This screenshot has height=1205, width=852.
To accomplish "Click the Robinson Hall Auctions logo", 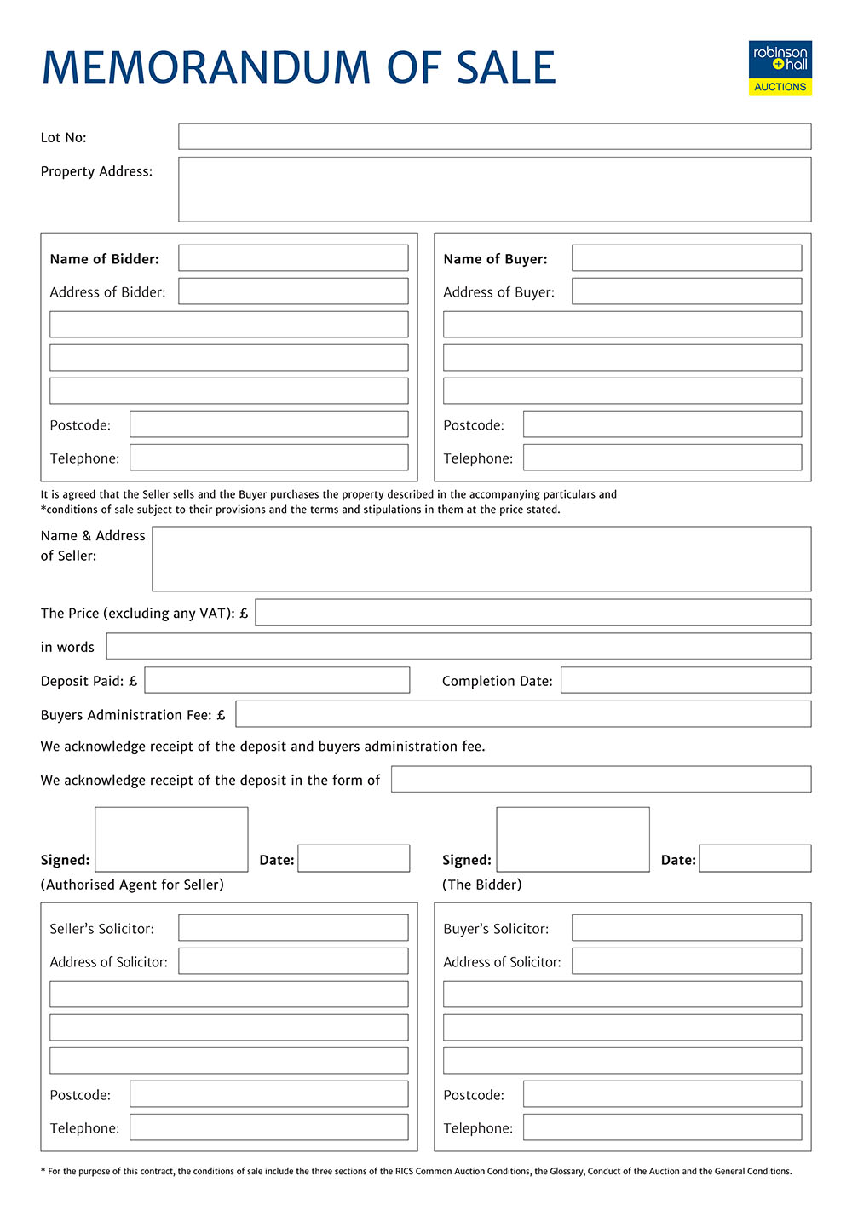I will point(780,68).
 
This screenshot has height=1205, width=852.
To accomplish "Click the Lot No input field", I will point(494,136).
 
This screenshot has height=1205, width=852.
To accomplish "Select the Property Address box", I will point(494,189).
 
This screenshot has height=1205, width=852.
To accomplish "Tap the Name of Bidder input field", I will point(293,258).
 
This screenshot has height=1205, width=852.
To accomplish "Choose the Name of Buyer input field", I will point(687,258).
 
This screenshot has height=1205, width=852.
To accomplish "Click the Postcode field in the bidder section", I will point(268,424).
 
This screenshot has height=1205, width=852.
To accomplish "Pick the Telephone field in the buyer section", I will point(662,458).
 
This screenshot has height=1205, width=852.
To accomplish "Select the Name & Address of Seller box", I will point(481,559).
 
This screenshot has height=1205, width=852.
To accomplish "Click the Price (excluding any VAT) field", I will point(532,613).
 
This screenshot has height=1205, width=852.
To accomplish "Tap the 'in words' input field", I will point(458,646).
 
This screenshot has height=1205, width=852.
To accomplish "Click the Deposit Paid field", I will point(277,680).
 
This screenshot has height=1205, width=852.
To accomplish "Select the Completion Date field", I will point(686,680).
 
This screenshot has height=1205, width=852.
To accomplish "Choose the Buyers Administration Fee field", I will point(523,714).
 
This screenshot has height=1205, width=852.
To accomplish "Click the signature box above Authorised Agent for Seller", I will point(171,839).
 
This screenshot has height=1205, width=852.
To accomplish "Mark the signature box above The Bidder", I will point(573,839).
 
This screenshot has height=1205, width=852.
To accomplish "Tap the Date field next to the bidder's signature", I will point(755,858).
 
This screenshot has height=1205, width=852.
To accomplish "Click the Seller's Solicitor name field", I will point(293,928).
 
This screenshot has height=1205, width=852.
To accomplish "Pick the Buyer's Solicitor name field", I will point(687,928).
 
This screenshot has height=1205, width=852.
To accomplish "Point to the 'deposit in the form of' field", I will point(601,779).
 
